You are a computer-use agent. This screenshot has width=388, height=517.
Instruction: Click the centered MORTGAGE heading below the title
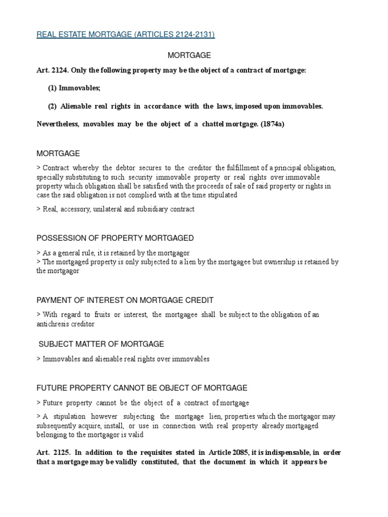(189, 55)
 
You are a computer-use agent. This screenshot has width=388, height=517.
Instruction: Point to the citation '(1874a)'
(273, 124)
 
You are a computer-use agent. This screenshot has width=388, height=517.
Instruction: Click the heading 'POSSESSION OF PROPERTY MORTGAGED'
(115, 238)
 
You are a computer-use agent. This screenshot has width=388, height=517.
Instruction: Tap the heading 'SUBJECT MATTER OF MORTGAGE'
(102, 344)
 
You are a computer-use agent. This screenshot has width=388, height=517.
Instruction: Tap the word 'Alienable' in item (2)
(77, 107)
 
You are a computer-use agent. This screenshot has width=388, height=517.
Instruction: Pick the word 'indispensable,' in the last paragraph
(283, 452)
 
